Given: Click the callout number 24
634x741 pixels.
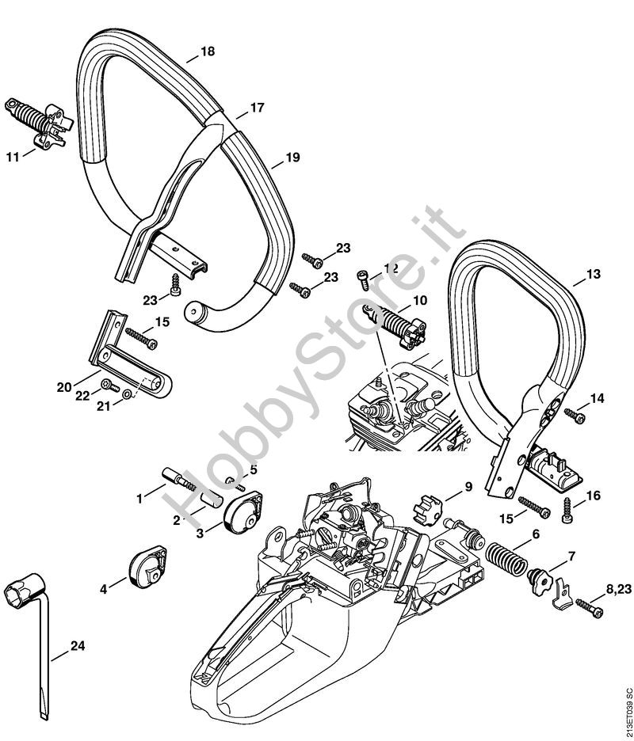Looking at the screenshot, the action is point(78,645).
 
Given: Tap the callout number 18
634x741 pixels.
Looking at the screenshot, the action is point(207,51).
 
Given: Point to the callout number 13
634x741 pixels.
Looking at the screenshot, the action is point(594,274).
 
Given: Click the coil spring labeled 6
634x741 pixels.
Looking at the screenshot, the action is point(506,560).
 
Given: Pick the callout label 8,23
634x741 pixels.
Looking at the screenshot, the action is point(618,589).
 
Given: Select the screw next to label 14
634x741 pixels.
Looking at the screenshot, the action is point(575,416).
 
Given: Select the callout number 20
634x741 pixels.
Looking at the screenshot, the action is point(64,387).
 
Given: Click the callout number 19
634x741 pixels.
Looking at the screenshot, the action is point(293,157).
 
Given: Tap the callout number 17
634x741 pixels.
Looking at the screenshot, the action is point(257,108).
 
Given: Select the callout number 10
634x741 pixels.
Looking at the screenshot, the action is point(420,301).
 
